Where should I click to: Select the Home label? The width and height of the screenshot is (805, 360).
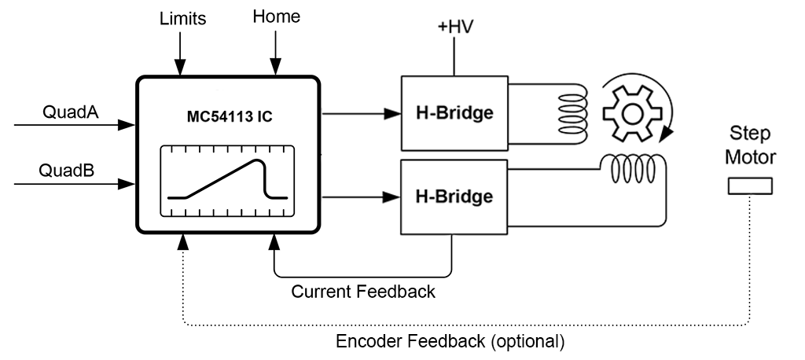pos(276,17)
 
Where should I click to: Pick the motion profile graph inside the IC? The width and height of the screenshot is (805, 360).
pos(227,181)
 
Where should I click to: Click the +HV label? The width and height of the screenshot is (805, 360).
pos(456,27)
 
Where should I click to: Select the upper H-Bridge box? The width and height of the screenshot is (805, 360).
pos(454,113)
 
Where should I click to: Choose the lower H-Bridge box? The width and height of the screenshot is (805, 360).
pos(454,196)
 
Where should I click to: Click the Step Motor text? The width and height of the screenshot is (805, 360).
pos(750,145)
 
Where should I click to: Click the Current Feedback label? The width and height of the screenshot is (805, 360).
pos(362,292)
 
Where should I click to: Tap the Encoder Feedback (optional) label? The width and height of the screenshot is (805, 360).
pos(450,343)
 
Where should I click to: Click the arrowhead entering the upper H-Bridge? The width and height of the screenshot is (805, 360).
pos(394,113)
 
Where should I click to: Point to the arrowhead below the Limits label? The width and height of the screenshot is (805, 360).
pos(182,68)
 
